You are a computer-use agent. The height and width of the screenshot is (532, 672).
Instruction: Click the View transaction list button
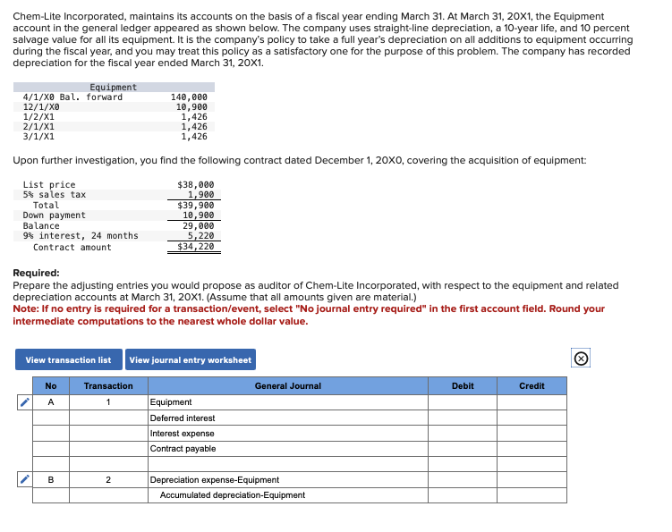coord(68,360)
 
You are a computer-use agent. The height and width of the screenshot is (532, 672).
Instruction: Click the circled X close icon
coord(581,359)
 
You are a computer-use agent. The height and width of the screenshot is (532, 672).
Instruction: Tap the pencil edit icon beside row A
coord(24,402)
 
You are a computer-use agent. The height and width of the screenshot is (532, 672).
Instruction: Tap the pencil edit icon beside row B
coord(24,480)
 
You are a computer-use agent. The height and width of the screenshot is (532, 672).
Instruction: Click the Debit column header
coord(464,386)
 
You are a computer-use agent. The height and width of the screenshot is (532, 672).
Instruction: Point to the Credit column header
coord(532,386)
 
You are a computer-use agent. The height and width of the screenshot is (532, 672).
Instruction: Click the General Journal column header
coord(287,386)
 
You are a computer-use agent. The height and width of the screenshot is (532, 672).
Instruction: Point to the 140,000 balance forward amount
coord(189,97)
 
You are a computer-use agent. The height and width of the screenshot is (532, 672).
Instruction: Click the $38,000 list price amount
coord(196,184)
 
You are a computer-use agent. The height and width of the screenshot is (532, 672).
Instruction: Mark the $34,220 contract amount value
coord(196,247)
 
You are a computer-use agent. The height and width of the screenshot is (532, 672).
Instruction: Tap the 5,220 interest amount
coord(200,236)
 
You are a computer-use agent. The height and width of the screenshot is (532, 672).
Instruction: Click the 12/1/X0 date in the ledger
coord(41,106)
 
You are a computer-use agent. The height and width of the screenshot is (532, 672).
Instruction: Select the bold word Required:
coord(37,273)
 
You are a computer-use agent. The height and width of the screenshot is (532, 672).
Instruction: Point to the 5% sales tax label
coord(55,195)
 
